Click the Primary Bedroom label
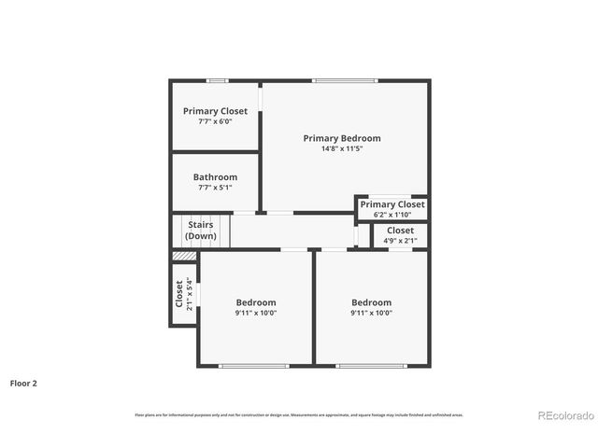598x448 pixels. [342, 138]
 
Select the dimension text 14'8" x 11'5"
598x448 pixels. [342, 148]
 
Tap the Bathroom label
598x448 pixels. [215, 177]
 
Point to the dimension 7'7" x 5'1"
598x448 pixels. [215, 188]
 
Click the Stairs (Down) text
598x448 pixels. [200, 231]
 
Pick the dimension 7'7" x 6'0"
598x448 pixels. [215, 121]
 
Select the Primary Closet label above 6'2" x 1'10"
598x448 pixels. [392, 204]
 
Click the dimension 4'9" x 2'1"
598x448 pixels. [400, 241]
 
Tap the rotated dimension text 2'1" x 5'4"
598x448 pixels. [190, 295]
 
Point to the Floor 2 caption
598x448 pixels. [23, 383]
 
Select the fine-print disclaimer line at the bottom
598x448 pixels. [298, 414]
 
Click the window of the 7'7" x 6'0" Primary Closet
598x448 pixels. [217, 81]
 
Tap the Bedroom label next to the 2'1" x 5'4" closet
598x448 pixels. [256, 302]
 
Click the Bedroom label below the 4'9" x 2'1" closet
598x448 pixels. [371, 302]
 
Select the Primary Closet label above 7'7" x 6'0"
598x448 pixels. [215, 111]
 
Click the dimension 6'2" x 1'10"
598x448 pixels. [392, 215]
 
